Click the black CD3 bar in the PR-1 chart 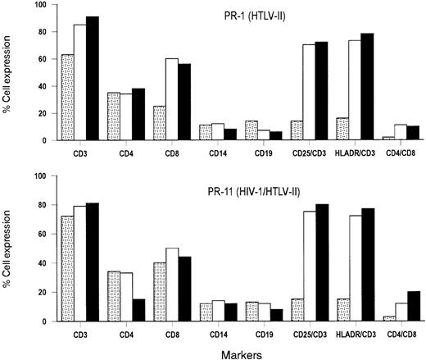tap(93, 79)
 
